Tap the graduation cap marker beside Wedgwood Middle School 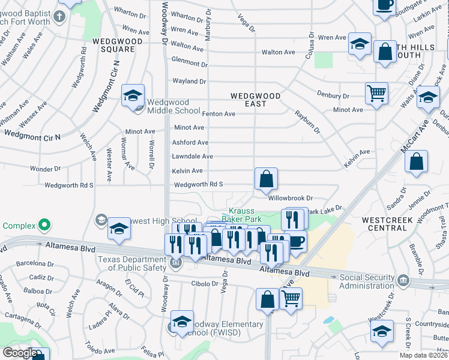(x=133, y=95)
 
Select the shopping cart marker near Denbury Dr (x=376, y=93)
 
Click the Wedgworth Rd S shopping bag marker (x=266, y=179)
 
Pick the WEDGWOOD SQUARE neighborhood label (x=118, y=46)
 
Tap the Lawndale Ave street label (x=192, y=157)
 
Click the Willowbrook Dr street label (x=291, y=197)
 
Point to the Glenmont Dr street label (x=189, y=62)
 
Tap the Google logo (x=20, y=353)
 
